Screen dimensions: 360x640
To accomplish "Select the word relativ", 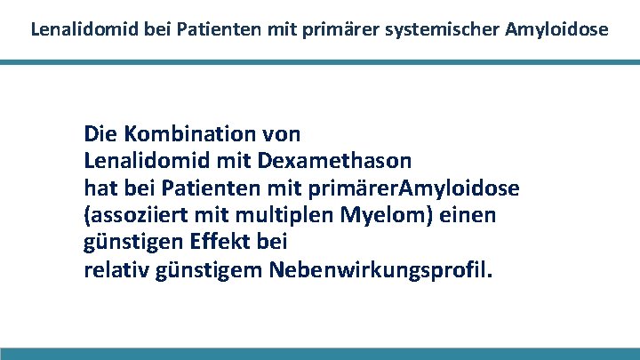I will click(x=113, y=269).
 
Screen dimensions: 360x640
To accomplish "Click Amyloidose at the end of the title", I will click(x=556, y=28).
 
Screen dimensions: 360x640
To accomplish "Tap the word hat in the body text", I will click(x=99, y=188).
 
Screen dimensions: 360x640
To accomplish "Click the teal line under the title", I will click(x=320, y=62).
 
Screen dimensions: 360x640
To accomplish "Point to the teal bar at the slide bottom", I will click(x=320, y=354).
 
